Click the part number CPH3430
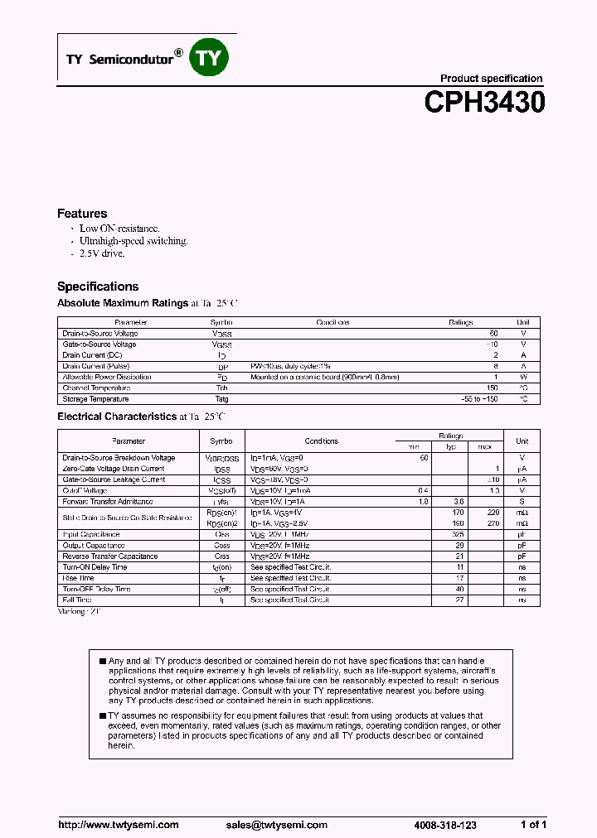(484, 102)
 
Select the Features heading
(82, 214)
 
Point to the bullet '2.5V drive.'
(102, 253)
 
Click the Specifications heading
(98, 287)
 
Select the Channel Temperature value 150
(492, 388)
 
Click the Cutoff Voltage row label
(85, 490)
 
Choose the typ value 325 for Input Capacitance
(458, 534)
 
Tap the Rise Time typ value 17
(459, 578)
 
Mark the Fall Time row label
(78, 600)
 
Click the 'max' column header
(485, 446)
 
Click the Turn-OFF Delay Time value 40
(459, 589)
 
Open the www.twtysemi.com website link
(119, 825)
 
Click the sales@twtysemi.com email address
(277, 825)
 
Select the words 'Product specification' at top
(491, 79)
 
